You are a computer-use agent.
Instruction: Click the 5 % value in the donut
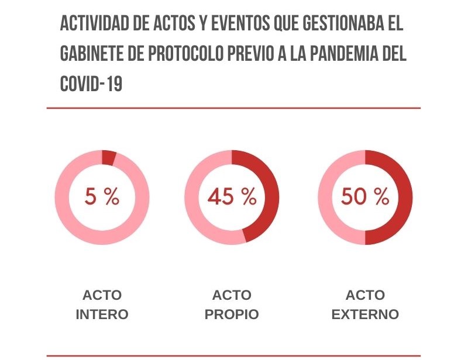coord(102,197)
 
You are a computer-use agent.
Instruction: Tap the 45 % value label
coord(232,197)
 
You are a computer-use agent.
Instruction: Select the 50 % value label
coord(365,197)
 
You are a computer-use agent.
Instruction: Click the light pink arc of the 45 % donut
coord(195,198)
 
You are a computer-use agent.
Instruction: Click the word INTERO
coord(102,314)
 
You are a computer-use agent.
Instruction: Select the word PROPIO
coord(232,314)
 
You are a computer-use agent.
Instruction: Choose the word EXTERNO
coord(365,314)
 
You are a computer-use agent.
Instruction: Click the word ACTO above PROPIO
coord(232,295)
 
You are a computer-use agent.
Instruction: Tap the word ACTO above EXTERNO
coord(365,295)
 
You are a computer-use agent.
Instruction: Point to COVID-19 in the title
coord(91,84)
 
